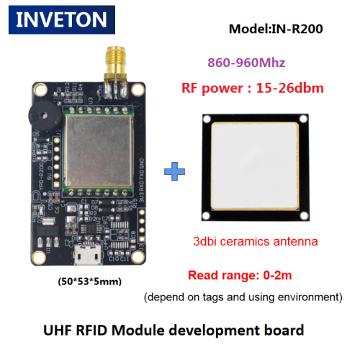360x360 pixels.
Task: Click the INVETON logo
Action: point(62,19)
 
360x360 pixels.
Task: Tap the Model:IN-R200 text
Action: point(276,29)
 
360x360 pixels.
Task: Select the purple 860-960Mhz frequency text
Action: point(246,63)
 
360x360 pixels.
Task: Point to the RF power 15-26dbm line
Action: point(253,88)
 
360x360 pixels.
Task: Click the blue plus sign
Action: point(174,171)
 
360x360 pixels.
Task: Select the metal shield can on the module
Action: point(99,150)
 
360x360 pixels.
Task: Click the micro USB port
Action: point(87,254)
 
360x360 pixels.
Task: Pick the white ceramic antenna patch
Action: point(255,166)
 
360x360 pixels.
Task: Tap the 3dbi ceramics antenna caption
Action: point(256,241)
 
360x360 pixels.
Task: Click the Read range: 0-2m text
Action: point(240,275)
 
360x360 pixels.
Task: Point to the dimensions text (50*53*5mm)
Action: point(90,282)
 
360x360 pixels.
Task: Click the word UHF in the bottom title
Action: point(58,330)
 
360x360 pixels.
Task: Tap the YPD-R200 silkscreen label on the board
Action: point(42,176)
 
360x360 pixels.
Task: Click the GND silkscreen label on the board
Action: point(142,163)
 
